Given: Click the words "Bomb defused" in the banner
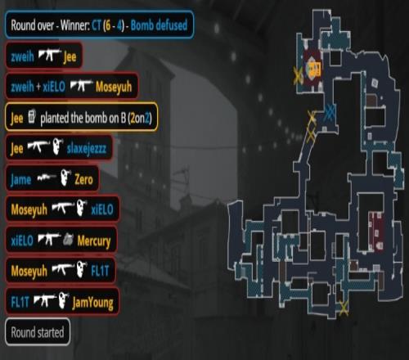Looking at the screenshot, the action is click(x=159, y=25).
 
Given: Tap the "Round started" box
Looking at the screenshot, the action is click(x=38, y=332).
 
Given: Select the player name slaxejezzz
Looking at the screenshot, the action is click(x=87, y=149).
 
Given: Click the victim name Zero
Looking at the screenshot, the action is click(x=83, y=179).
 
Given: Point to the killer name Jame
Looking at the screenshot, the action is click(x=20, y=180).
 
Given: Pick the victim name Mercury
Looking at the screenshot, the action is click(x=94, y=241).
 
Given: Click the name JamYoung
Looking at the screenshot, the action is click(x=92, y=303).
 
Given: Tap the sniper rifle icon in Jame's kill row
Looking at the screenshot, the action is click(x=47, y=178).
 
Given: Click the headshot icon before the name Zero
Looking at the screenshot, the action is click(x=65, y=178).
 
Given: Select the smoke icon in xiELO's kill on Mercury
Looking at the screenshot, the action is click(x=68, y=240).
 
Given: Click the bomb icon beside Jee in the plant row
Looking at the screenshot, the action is click(x=32, y=116).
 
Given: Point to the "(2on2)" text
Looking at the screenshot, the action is click(x=140, y=118).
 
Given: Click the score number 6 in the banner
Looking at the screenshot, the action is click(x=108, y=25).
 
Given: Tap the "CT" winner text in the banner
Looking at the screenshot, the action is click(x=97, y=25).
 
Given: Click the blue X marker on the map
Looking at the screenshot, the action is click(x=330, y=112).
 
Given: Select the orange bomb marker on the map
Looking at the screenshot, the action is click(x=315, y=69).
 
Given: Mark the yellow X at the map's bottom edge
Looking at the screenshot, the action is click(x=344, y=308).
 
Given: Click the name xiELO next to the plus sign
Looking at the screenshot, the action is click(x=54, y=87).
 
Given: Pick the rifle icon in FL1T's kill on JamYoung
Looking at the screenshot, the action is click(x=45, y=300).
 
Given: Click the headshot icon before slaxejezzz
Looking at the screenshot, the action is click(x=57, y=146).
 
